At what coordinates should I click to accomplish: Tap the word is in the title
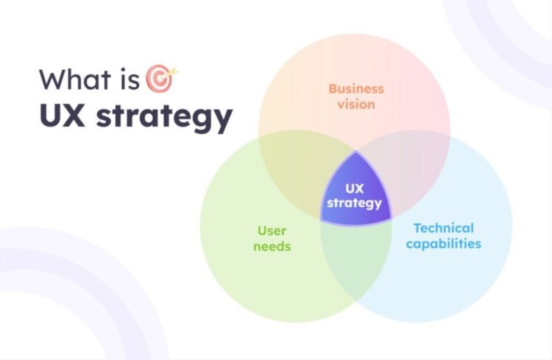click(127, 79)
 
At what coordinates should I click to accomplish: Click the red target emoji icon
click(158, 79)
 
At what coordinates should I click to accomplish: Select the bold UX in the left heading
click(63, 116)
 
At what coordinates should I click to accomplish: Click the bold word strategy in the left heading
click(164, 118)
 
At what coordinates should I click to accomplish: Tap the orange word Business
click(356, 88)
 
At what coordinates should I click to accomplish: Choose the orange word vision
click(356, 104)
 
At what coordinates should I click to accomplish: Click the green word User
click(272, 230)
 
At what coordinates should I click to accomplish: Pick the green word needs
click(272, 246)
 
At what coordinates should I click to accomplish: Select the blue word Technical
click(443, 227)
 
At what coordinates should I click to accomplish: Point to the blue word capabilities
click(443, 244)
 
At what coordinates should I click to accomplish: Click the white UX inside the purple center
click(355, 188)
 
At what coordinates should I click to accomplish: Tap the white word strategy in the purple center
click(355, 203)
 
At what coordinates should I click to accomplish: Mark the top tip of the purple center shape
click(355, 152)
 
